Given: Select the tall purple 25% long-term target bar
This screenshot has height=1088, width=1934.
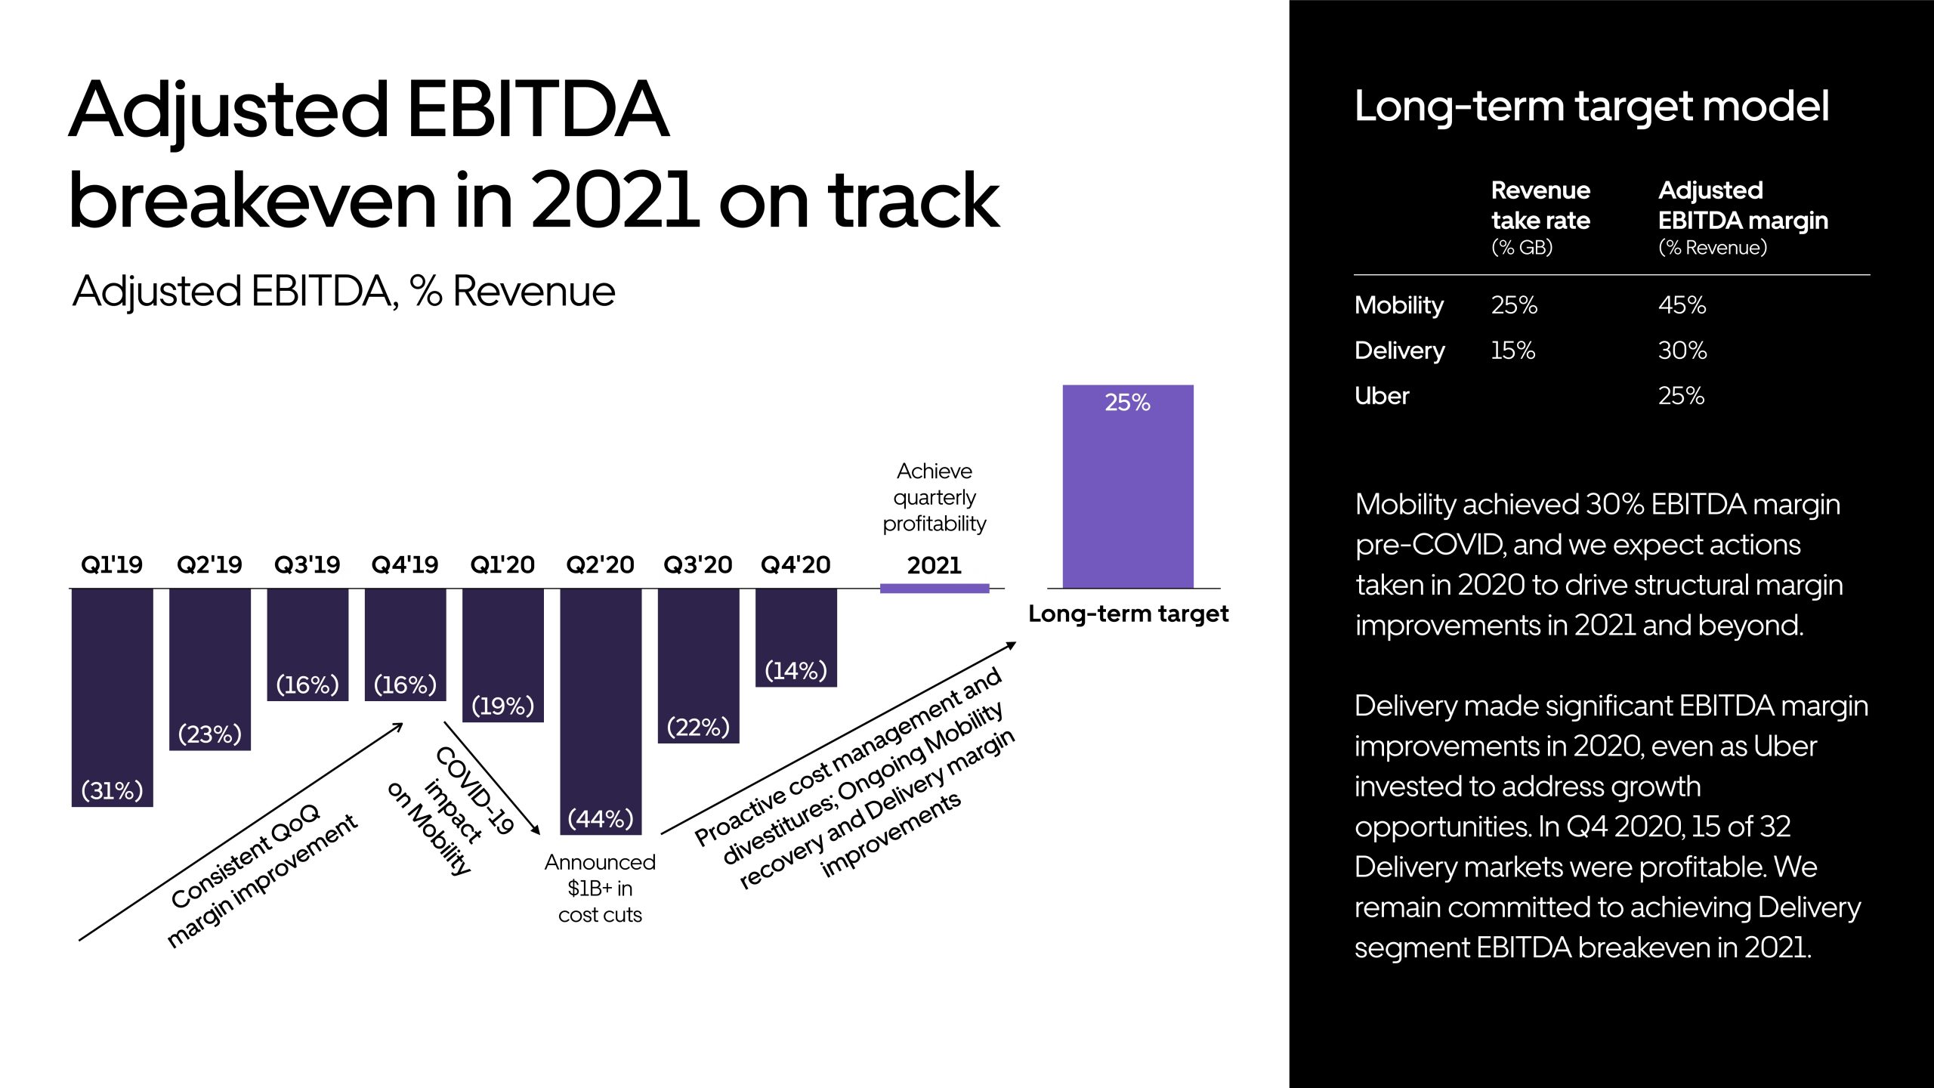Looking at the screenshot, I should click(1127, 499).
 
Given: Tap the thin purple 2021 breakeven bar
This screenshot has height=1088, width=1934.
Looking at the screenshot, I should click(935, 589).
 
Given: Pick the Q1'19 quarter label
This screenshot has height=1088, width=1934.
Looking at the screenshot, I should click(112, 564).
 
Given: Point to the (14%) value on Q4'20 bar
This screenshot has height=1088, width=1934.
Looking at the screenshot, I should click(796, 670).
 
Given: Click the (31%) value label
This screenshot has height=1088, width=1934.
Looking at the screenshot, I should click(112, 790).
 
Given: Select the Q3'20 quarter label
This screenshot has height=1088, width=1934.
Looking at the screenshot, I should click(697, 564).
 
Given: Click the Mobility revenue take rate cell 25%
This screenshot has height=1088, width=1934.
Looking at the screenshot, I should click(1514, 305).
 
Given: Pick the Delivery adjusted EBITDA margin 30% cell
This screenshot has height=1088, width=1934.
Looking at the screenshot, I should click(1682, 351).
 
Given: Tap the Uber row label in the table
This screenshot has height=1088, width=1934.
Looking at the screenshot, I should click(1382, 396).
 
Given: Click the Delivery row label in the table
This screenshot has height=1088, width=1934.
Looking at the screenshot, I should click(1399, 351).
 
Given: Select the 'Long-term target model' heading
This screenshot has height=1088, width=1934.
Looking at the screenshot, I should click(1592, 107).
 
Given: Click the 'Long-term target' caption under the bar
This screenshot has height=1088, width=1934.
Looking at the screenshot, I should click(1128, 614).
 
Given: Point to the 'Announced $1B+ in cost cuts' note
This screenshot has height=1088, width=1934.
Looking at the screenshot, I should click(600, 889).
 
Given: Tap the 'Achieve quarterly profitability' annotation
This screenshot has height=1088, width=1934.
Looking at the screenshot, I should click(935, 497).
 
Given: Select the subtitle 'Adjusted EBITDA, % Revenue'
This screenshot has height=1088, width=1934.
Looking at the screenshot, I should click(344, 292).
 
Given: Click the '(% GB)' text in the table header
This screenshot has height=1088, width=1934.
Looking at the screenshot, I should click(1522, 248).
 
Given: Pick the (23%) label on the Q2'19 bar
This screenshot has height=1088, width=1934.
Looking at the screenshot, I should click(209, 734).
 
